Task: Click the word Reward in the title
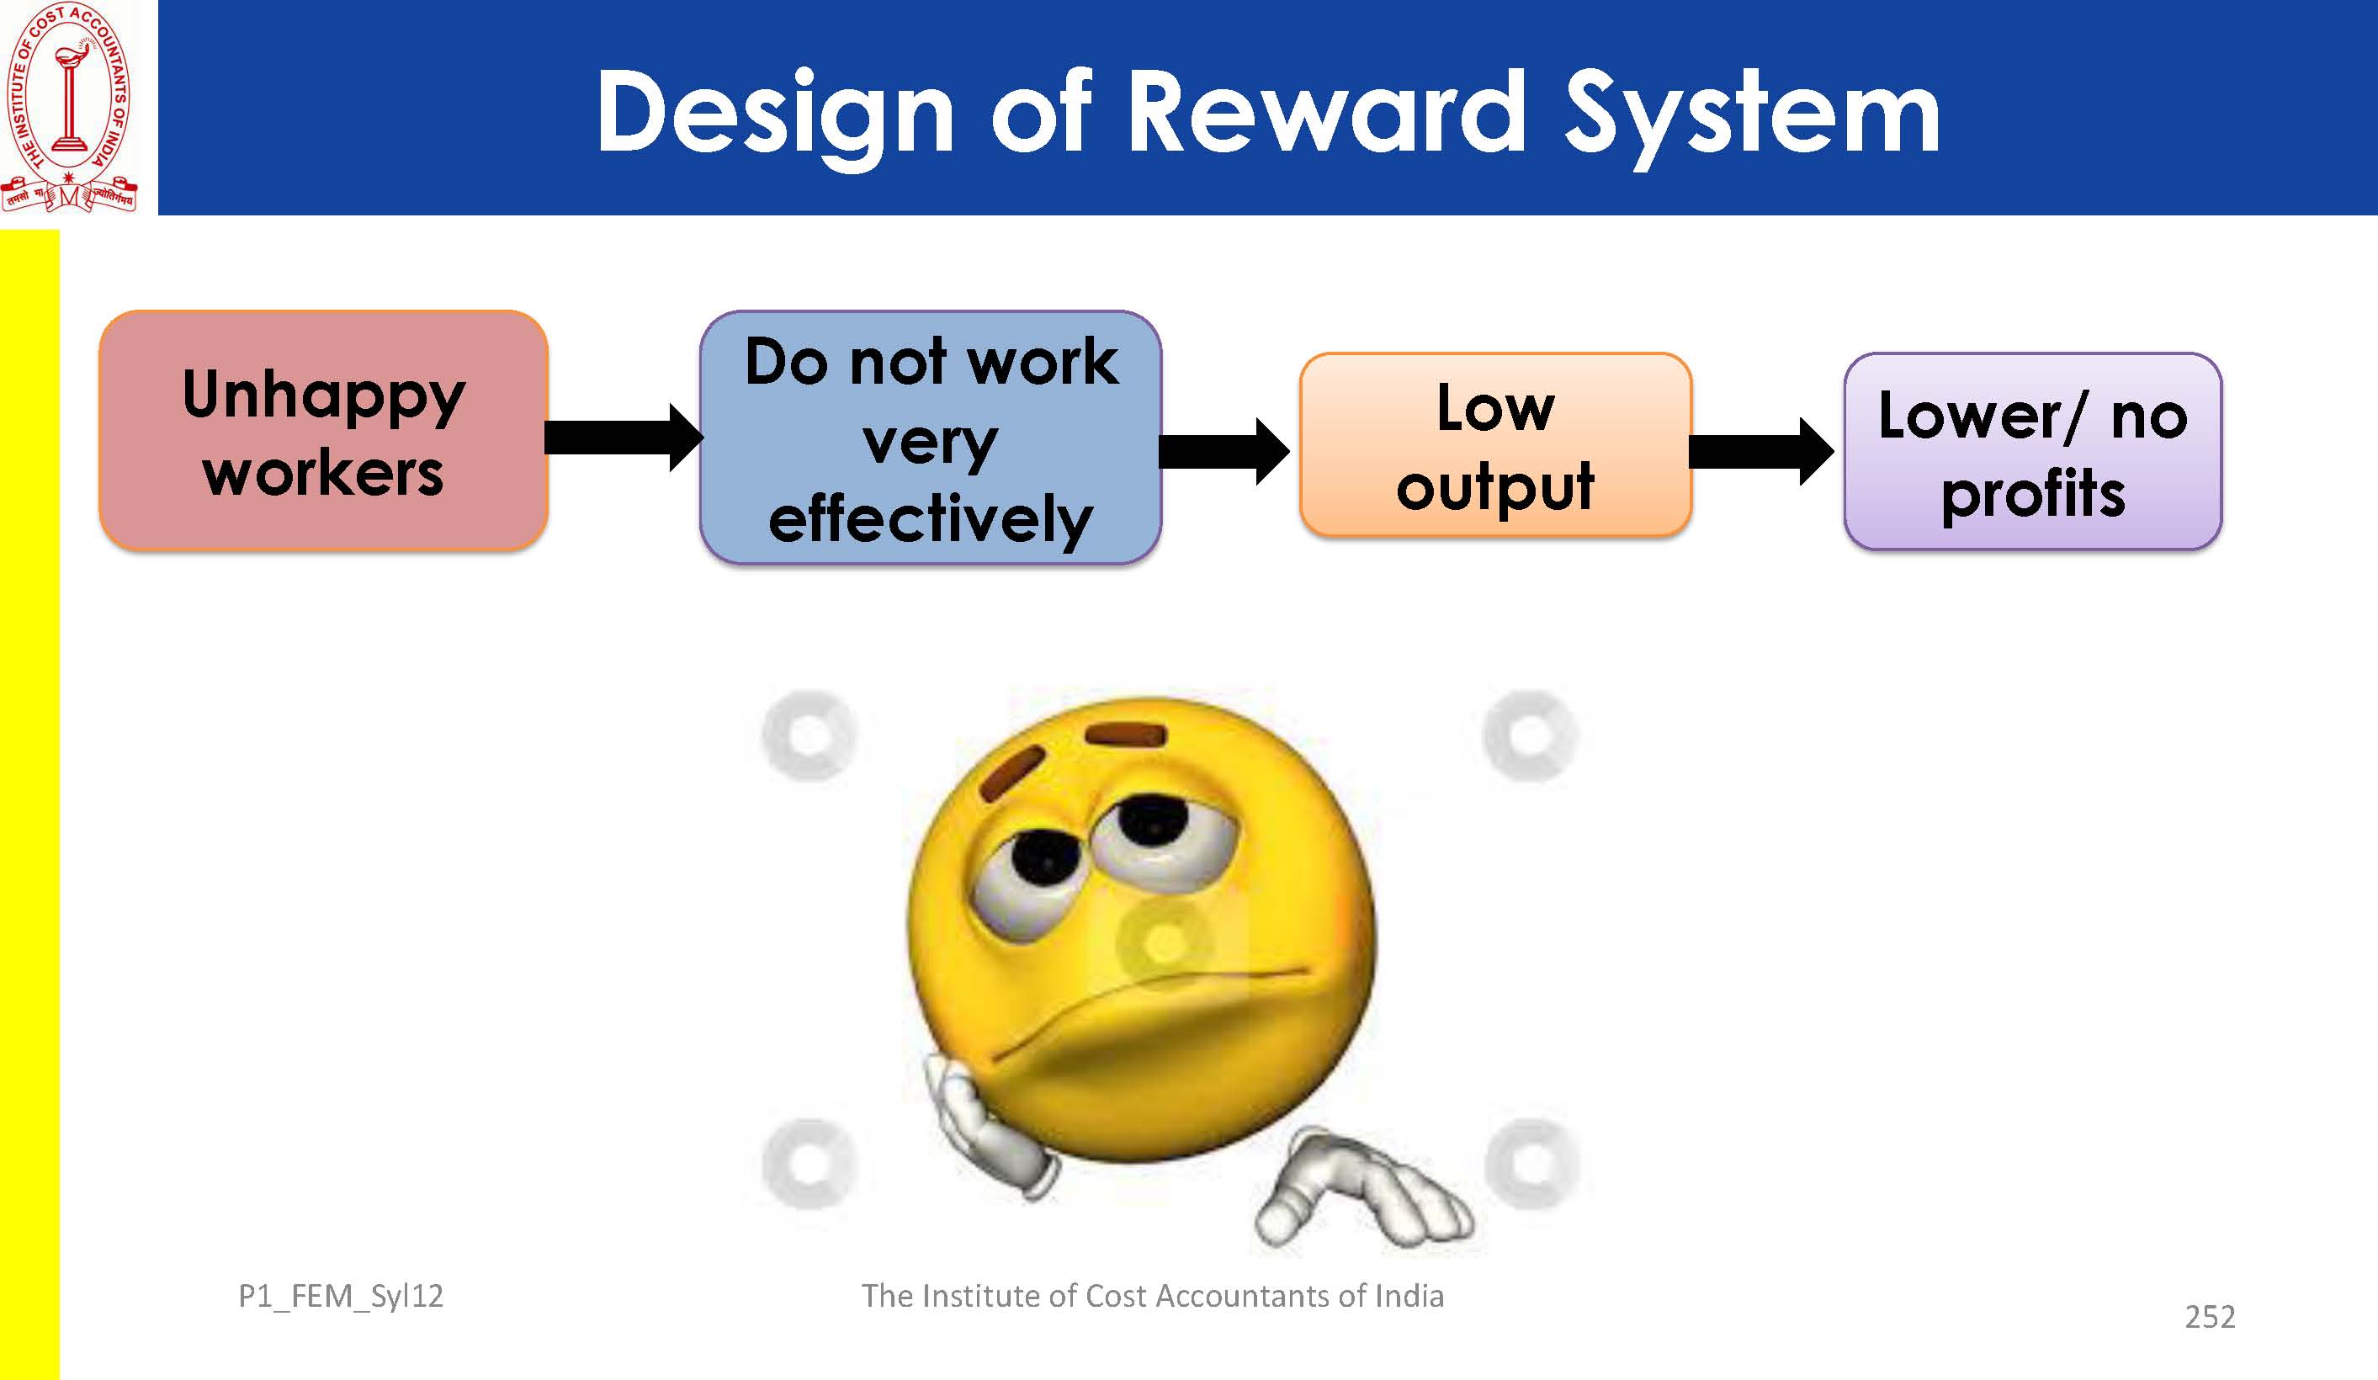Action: pyautogui.click(x=1327, y=111)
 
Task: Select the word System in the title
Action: pyautogui.click(x=1752, y=118)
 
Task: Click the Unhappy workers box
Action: pyautogui.click(x=324, y=431)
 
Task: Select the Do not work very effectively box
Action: pyautogui.click(x=931, y=438)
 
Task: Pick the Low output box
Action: pyautogui.click(x=1495, y=445)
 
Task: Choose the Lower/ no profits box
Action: pyautogui.click(x=2033, y=451)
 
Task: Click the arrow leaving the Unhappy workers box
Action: pyautogui.click(x=624, y=437)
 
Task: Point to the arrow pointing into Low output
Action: pyautogui.click(x=1224, y=451)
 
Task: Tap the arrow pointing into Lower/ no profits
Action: pyautogui.click(x=1761, y=451)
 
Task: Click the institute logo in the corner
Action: pyautogui.click(x=70, y=107)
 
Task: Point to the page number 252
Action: pyautogui.click(x=2210, y=1317)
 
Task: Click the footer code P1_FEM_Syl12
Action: pyautogui.click(x=341, y=1296)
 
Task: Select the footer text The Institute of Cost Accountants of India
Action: pyautogui.click(x=1152, y=1296)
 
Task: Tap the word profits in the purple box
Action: pyautogui.click(x=2034, y=495)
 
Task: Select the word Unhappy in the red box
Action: pyautogui.click(x=324, y=395)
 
